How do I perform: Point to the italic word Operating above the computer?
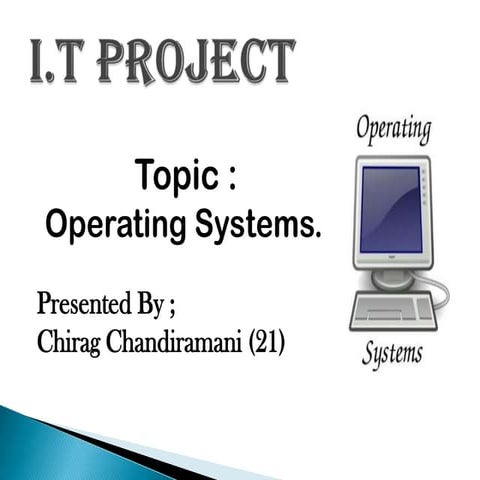394,130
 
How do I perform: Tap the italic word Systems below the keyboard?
392,353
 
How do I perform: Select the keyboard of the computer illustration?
393,311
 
